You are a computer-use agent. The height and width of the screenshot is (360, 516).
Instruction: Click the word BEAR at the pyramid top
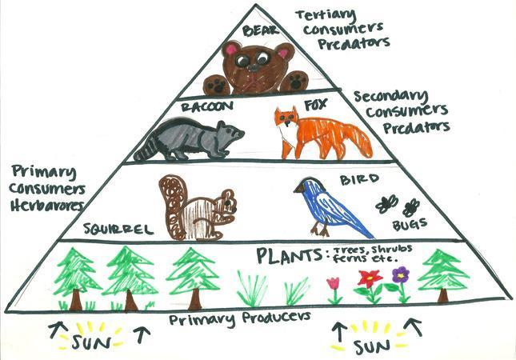pos(260,30)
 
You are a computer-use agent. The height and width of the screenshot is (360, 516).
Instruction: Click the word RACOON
pos(207,106)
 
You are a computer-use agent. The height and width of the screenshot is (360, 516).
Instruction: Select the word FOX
pos(315,105)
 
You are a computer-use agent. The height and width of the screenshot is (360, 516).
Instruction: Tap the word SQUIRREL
pos(118,228)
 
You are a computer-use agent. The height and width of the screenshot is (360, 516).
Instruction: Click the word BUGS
pos(410,225)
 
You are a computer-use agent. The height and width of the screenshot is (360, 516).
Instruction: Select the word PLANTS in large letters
pos(289,256)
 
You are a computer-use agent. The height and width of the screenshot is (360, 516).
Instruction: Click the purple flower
pos(400,274)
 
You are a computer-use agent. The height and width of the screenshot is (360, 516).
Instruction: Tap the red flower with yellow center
pos(370,278)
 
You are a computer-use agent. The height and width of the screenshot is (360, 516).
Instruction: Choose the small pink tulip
pos(333,283)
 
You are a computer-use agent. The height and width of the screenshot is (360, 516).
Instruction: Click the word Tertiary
pos(325,15)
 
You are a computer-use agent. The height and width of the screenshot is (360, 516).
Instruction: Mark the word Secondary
pos(390,97)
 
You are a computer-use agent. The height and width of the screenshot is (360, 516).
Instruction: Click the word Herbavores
pos(46,206)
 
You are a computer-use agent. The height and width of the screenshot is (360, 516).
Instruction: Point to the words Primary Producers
pos(239,318)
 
